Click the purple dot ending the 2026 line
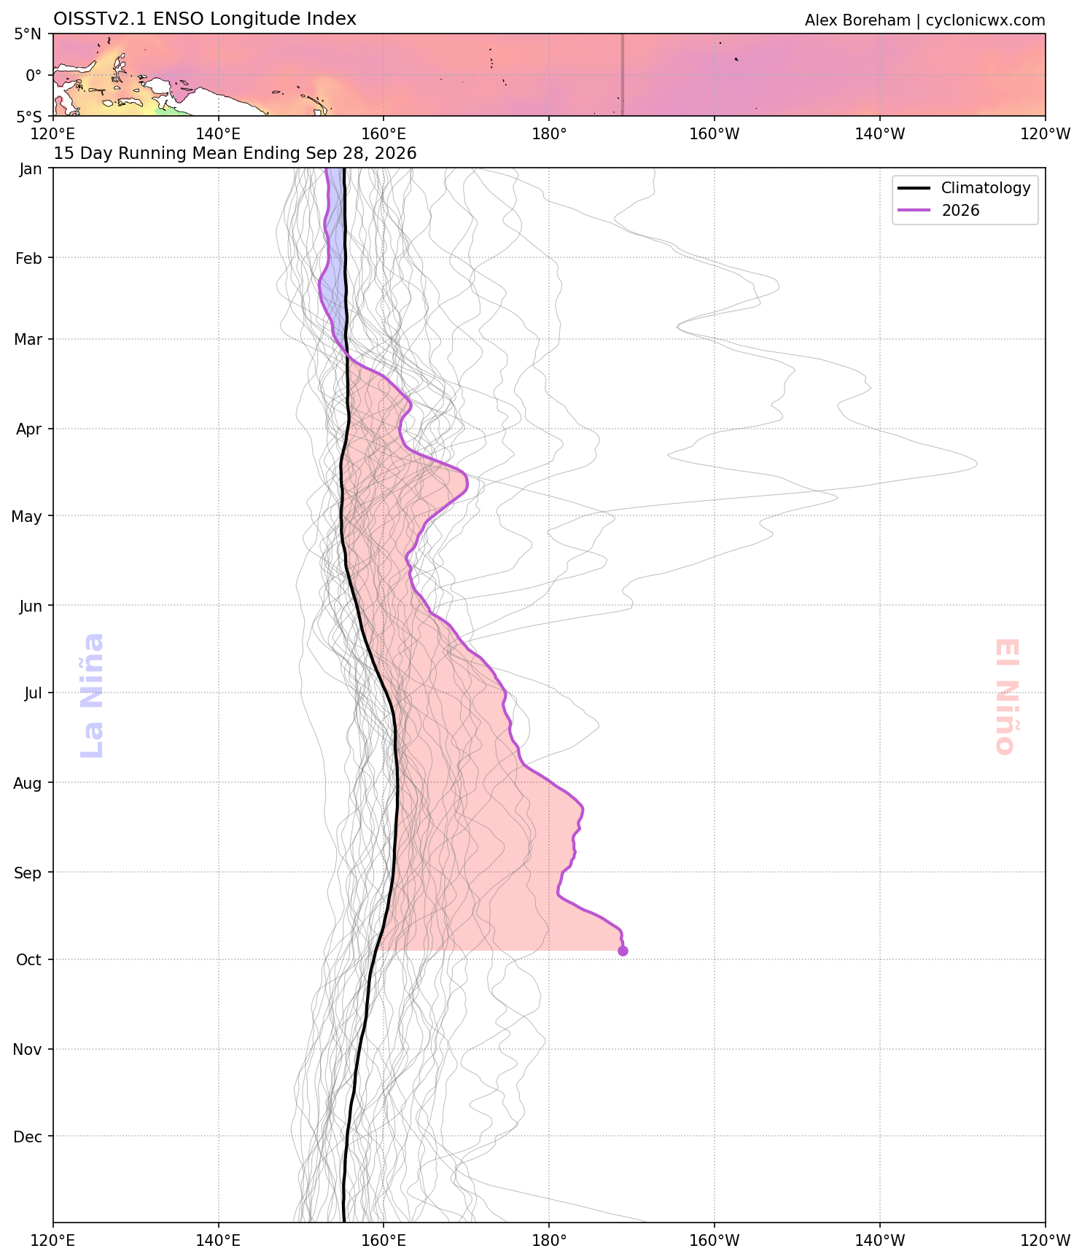[623, 951]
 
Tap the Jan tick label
[31, 169]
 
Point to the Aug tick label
[28, 784]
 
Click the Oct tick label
[28, 960]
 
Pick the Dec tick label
[28, 1137]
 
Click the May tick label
[26, 517]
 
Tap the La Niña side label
[93, 695]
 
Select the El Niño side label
[1005, 696]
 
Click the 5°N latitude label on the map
[28, 34]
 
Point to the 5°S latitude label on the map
[28, 117]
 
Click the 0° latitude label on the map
[34, 75]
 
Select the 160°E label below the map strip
[384, 134]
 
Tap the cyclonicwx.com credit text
[986, 20]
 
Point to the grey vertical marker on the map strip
[622, 74]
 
